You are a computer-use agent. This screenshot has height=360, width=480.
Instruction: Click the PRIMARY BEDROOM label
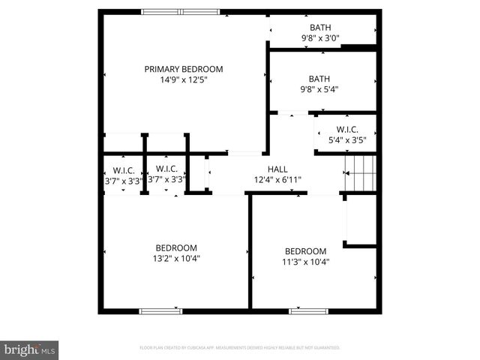pos(184,69)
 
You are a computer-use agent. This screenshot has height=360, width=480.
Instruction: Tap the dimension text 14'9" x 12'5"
pos(184,79)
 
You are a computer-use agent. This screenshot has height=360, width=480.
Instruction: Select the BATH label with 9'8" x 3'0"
pos(320,28)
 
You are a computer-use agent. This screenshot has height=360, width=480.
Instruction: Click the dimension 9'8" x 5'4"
pos(320,88)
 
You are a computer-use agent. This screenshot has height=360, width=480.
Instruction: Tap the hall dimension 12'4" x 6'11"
pos(277,179)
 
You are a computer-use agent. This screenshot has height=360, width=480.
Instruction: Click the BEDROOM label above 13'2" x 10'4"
pos(176,248)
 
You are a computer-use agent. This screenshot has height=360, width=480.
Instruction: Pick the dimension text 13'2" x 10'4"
pos(176,258)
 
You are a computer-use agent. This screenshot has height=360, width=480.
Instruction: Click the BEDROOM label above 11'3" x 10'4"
pos(305,251)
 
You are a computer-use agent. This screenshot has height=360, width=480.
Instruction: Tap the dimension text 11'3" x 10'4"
pos(305,262)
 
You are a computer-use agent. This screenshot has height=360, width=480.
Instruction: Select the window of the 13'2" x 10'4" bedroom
pos(160,310)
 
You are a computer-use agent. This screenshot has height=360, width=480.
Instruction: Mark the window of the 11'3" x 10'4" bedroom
pos(309,310)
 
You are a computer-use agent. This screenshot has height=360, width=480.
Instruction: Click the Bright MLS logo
pos(29,349)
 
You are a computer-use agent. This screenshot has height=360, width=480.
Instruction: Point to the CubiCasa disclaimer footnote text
pos(240,348)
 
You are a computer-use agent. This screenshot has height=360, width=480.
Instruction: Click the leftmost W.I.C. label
pos(124,169)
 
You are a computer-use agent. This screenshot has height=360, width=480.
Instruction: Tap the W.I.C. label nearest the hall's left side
pos(166,169)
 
